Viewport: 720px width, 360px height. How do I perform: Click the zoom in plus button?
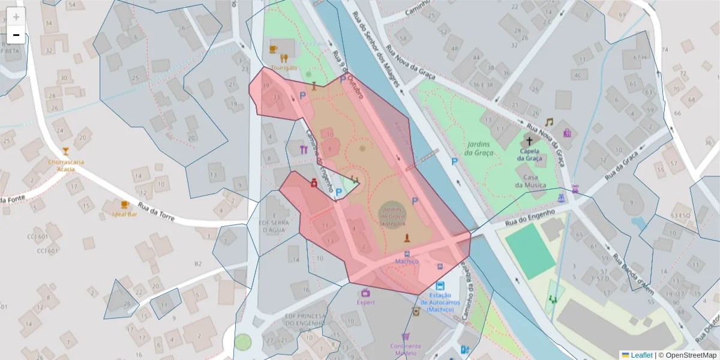[x=16, y=17]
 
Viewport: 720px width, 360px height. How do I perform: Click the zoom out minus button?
[x=16, y=35]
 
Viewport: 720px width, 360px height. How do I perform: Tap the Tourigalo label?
[x=284, y=68]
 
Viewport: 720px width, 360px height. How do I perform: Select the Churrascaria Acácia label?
[x=66, y=165]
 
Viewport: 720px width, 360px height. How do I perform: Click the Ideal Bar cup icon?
[x=125, y=205]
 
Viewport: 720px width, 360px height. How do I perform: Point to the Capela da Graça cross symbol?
[x=529, y=142]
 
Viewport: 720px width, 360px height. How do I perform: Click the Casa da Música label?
[x=529, y=181]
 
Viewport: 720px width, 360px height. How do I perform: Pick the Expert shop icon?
[x=365, y=293]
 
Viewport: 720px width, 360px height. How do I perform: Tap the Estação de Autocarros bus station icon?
[x=440, y=286]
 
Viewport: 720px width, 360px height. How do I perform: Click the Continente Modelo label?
[x=406, y=349]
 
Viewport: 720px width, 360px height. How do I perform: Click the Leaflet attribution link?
[x=641, y=355]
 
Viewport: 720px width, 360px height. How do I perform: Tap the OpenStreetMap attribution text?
[x=689, y=355]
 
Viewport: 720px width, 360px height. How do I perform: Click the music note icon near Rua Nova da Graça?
[x=548, y=122]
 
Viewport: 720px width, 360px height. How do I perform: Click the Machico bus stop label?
[x=407, y=262]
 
